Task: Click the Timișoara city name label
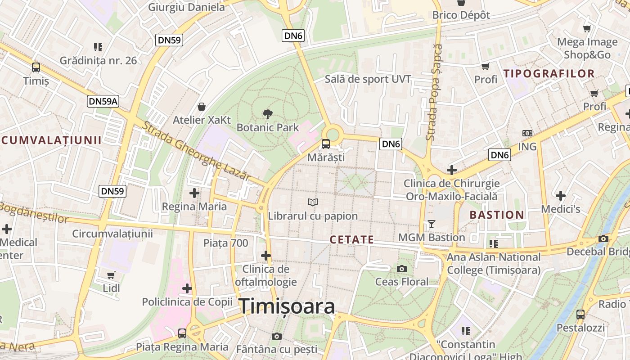pyautogui.click(x=287, y=306)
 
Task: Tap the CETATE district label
pyautogui.click(x=351, y=239)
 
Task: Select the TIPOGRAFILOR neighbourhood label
pyautogui.click(x=549, y=73)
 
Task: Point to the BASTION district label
pyautogui.click(x=497, y=215)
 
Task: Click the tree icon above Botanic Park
pyautogui.click(x=267, y=114)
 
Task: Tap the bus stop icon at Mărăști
pyautogui.click(x=325, y=144)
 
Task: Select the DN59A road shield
pyautogui.click(x=103, y=101)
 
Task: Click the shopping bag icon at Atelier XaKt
pyautogui.click(x=202, y=107)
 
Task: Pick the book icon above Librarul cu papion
pyautogui.click(x=312, y=202)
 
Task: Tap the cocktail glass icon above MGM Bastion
pyautogui.click(x=432, y=224)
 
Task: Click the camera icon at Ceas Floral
pyautogui.click(x=402, y=269)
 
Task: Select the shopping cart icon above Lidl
pyautogui.click(x=111, y=274)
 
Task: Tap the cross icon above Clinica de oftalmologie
pyautogui.click(x=266, y=256)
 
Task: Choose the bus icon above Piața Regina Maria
pyautogui.click(x=182, y=333)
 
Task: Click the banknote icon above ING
pyautogui.click(x=527, y=133)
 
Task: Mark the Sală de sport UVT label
pyautogui.click(x=368, y=79)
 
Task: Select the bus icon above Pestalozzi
pyautogui.click(x=580, y=314)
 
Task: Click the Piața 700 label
pyautogui.click(x=225, y=243)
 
